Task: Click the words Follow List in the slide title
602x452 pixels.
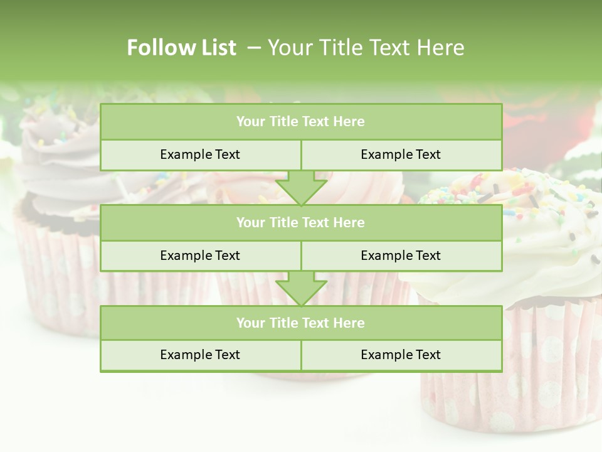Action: [x=181, y=48]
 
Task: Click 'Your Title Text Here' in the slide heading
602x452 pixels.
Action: [x=366, y=48]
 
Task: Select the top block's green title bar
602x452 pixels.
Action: [x=301, y=122]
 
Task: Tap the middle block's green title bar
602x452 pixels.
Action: [x=301, y=222]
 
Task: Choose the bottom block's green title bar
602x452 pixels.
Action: [x=301, y=323]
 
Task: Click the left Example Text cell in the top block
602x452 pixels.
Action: [x=200, y=154]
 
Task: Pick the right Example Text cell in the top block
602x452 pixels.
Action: [x=401, y=154]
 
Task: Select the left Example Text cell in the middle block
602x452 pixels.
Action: [x=200, y=256]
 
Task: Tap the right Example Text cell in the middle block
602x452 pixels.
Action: [x=401, y=256]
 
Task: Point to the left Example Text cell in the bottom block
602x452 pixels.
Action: [x=200, y=355]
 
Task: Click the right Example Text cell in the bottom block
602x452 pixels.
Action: [x=401, y=355]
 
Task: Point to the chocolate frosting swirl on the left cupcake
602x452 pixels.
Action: [x=56, y=163]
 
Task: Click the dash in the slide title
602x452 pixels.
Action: [x=253, y=48]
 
